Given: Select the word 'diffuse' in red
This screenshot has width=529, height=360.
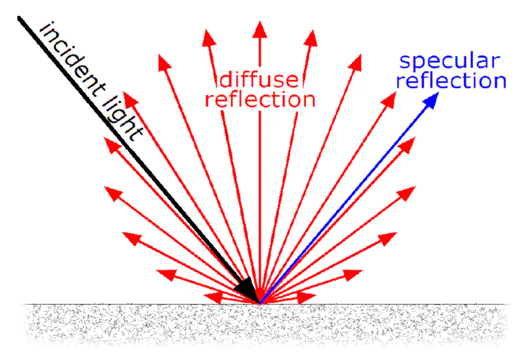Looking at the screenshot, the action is pos(259,80).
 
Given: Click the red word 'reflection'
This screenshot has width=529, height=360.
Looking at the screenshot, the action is pos(260,100).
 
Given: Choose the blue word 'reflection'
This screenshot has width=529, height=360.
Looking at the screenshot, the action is pos(452,81).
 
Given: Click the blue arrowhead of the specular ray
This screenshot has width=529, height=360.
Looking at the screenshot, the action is pos(431,101).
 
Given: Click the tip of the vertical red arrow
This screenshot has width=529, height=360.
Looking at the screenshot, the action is pos(260,21).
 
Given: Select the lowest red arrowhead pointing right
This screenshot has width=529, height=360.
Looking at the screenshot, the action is pos(306,298).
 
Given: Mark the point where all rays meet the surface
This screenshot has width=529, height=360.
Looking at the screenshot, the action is pos(260,303).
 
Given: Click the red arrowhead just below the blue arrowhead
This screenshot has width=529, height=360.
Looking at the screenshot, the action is pos(407,146).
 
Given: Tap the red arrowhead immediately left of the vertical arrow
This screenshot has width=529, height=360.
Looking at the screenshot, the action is pos(209,38).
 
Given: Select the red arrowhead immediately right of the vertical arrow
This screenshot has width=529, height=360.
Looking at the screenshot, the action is pos(311,38).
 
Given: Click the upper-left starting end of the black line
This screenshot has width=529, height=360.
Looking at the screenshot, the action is pos(19,18).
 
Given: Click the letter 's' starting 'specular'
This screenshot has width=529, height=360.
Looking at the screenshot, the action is pos(404,62).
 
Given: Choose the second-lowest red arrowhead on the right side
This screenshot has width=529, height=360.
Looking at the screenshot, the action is pos(353,275).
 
